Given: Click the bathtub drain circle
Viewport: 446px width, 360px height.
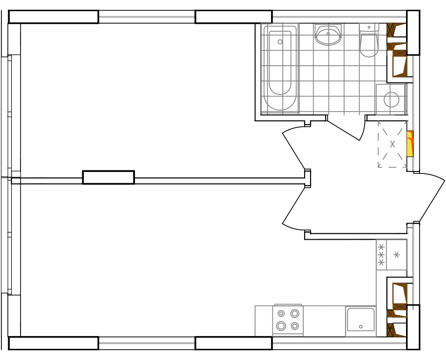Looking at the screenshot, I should pyautogui.click(x=280, y=42).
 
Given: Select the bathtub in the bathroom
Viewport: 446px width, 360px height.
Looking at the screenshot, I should pyautogui.click(x=280, y=68).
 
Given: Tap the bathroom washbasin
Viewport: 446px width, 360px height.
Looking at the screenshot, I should pyautogui.click(x=328, y=35).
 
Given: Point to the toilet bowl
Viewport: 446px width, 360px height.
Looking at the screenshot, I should pyautogui.click(x=369, y=44).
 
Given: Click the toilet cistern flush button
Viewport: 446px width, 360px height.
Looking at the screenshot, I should pyautogui.click(x=369, y=27).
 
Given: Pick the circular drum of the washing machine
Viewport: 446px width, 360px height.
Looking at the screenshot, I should pyautogui.click(x=391, y=99).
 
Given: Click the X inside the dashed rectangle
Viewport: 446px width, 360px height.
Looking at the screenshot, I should pyautogui.click(x=392, y=144).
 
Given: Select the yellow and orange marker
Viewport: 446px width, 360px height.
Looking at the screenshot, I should pyautogui.click(x=410, y=144).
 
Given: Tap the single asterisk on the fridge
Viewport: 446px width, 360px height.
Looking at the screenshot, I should pyautogui.click(x=397, y=254).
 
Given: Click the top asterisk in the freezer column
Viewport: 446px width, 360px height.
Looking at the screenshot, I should pyautogui.click(x=381, y=247).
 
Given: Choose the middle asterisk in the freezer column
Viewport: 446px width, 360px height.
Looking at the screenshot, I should pyautogui.click(x=381, y=255).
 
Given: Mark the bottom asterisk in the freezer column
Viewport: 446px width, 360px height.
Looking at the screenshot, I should pyautogui.click(x=381, y=263).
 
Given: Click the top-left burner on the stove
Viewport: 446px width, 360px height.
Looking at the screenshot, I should pyautogui.click(x=281, y=314).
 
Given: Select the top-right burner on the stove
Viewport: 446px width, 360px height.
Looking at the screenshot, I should pyautogui.click(x=295, y=313).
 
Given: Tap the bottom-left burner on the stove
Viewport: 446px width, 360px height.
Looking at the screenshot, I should pyautogui.click(x=281, y=326).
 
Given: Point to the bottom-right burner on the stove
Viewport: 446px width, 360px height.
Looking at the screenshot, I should pyautogui.click(x=295, y=326).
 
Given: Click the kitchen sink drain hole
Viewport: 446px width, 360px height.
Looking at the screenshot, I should pyautogui.click(x=361, y=326).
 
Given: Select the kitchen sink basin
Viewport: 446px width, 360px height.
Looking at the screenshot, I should pyautogui.click(x=361, y=319).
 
